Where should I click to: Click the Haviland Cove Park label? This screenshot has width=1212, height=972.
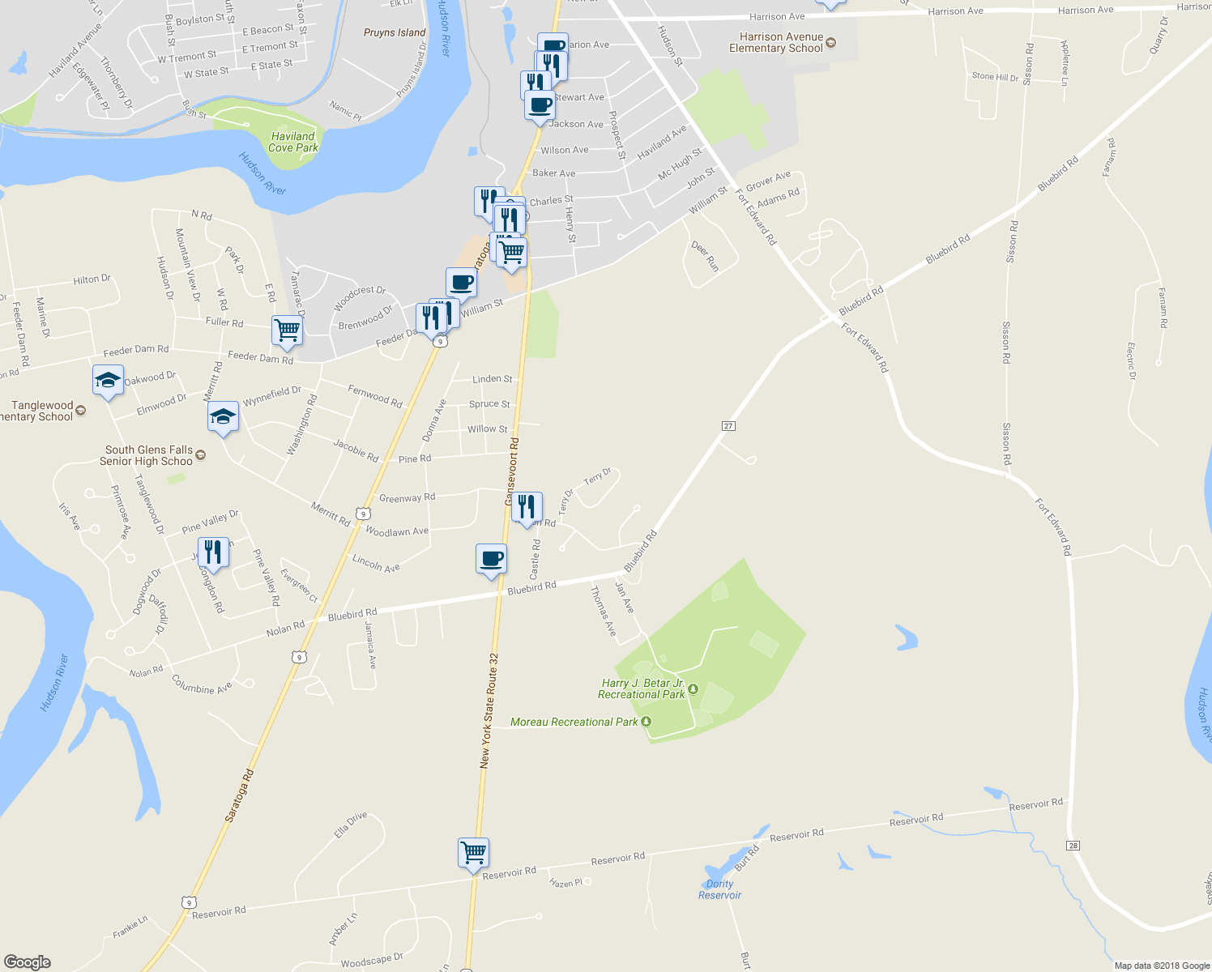[x=293, y=142]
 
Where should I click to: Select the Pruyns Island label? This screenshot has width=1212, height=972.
[x=395, y=32]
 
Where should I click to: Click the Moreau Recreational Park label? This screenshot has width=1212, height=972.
[x=574, y=722]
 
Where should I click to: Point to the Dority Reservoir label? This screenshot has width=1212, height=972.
[x=719, y=889]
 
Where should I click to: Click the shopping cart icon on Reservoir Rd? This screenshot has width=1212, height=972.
[x=473, y=853]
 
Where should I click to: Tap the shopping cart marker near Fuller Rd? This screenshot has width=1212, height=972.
[x=287, y=330]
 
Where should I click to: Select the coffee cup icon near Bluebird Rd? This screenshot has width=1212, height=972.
[x=491, y=559]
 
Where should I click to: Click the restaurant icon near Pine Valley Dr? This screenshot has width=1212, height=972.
[x=213, y=552]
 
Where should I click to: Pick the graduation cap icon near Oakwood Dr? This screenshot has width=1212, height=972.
[x=108, y=380]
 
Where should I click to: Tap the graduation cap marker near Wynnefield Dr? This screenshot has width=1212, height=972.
[x=223, y=417]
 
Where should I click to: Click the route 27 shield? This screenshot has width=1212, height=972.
[x=728, y=426]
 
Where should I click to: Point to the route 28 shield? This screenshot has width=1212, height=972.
[x=1073, y=846]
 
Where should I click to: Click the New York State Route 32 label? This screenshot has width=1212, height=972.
[x=489, y=710]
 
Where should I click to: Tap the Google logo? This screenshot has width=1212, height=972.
[x=27, y=962]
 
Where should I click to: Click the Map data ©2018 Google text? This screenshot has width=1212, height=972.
[x=1162, y=966]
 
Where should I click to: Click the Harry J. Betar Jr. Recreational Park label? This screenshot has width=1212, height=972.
[x=642, y=688]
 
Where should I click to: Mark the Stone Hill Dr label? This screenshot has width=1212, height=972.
[x=995, y=77]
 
